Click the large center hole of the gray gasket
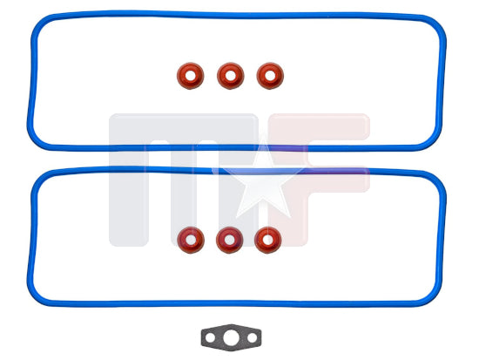click(x=231, y=338)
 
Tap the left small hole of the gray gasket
click(x=210, y=338)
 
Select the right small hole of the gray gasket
click(x=252, y=338)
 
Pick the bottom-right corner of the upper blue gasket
click(x=433, y=141)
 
